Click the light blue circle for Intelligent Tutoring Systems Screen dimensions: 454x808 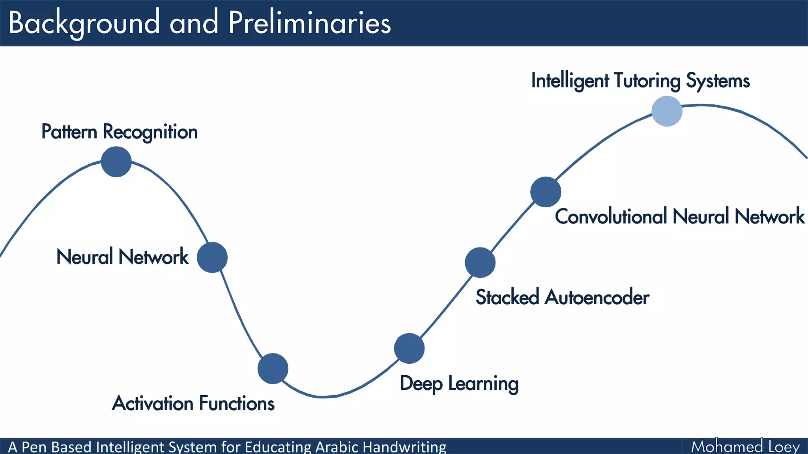click(667, 111)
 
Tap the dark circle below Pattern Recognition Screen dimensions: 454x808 click(116, 162)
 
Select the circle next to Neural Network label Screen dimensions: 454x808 click(212, 257)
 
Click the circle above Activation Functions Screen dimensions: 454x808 click(273, 368)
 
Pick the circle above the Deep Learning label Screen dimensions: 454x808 click(409, 348)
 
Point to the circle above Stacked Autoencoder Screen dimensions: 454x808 click(480, 262)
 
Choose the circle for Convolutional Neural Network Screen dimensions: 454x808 click(546, 192)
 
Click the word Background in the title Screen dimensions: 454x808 click(84, 23)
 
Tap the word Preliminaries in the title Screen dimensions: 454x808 click(309, 23)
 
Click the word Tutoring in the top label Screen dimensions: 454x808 click(647, 81)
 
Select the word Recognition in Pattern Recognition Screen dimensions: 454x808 click(150, 132)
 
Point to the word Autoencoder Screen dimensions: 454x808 click(597, 297)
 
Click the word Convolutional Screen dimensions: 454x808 click(611, 216)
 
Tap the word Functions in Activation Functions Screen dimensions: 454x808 click(236, 404)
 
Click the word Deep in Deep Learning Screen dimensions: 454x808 click(421, 384)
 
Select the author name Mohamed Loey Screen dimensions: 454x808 click(745, 447)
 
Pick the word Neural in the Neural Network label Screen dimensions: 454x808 click(85, 257)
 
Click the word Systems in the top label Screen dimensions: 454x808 click(718, 81)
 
